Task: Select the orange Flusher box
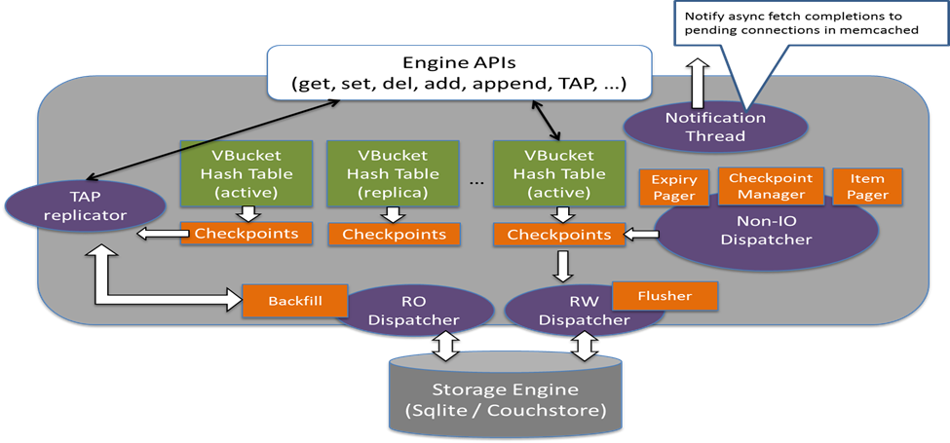665,294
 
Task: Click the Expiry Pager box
673,187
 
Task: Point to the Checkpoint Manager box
771,184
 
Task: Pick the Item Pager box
867,187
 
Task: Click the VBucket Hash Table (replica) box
386,173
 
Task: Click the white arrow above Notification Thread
699,82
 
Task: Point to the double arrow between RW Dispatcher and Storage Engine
586,344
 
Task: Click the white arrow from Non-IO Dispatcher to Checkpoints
639,234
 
